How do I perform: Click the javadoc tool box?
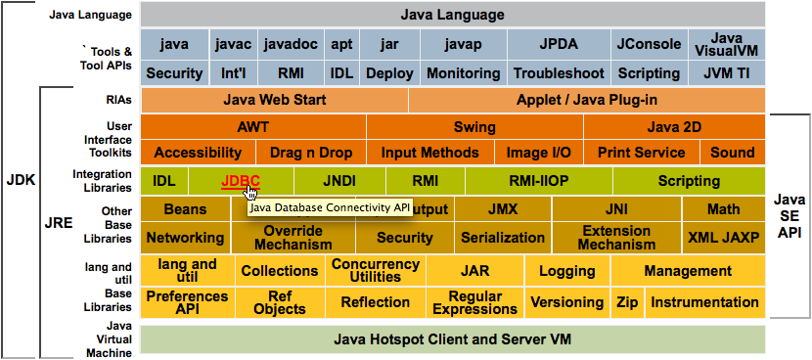pos(292,44)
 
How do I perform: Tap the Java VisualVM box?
pos(725,44)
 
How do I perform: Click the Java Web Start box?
pos(274,101)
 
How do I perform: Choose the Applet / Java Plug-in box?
pos(586,101)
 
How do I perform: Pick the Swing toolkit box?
pos(474,127)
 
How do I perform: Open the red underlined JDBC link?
pos(241,181)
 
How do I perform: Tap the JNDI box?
pos(339,181)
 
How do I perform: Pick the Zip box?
pos(627,303)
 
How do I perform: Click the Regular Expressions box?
pos(474,303)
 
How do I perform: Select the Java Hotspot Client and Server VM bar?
pos(452,339)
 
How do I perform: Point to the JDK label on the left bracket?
pos(21,180)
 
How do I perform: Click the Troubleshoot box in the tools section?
pos(556,73)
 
